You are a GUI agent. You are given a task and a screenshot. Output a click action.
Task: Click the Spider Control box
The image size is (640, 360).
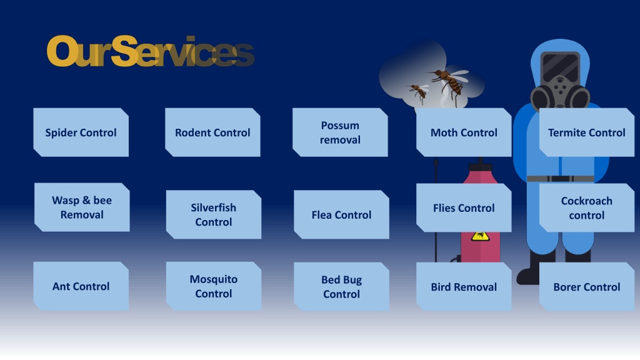coord(81,132)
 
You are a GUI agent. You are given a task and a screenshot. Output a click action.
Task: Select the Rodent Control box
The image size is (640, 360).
coord(212,132)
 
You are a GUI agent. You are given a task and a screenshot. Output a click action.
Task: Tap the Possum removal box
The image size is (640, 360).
coord(340,132)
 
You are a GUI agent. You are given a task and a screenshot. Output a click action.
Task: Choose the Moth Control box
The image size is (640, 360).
coord(464,132)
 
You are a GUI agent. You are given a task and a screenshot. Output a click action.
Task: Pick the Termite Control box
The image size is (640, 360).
coord(586,132)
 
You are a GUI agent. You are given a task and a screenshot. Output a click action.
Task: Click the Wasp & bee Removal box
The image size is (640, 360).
coord(82,207)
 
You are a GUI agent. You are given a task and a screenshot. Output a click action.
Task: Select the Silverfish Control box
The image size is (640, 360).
coord(214,215)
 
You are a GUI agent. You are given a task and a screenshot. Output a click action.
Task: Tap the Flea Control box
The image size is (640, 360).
coord(341,215)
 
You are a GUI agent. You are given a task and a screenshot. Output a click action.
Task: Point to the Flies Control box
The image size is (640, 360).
coord(464,207)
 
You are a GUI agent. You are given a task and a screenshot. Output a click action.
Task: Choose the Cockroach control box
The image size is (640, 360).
coord(586,207)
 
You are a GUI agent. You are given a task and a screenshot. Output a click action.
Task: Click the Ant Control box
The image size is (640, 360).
coord(81,286)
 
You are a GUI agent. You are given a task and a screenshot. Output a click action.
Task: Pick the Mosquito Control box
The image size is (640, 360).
coord(214,286)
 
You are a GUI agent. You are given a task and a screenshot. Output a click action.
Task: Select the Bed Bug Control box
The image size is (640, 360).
coord(341,286)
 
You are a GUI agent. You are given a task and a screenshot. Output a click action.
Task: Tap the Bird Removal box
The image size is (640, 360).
coord(464,286)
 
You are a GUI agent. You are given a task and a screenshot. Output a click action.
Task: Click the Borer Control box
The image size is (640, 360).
coord(586,286)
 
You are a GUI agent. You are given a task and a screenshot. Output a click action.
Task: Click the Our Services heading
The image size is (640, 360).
coord(151,51)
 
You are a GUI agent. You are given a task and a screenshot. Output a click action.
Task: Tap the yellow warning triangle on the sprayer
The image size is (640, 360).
coord(480,236)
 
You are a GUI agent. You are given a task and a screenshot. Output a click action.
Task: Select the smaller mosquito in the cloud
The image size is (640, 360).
coord(418,92)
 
